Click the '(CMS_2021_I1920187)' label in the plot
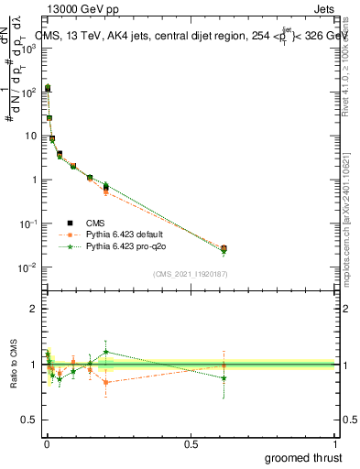point(190,274)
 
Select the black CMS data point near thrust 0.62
point(224,248)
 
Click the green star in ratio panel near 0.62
point(224,377)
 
